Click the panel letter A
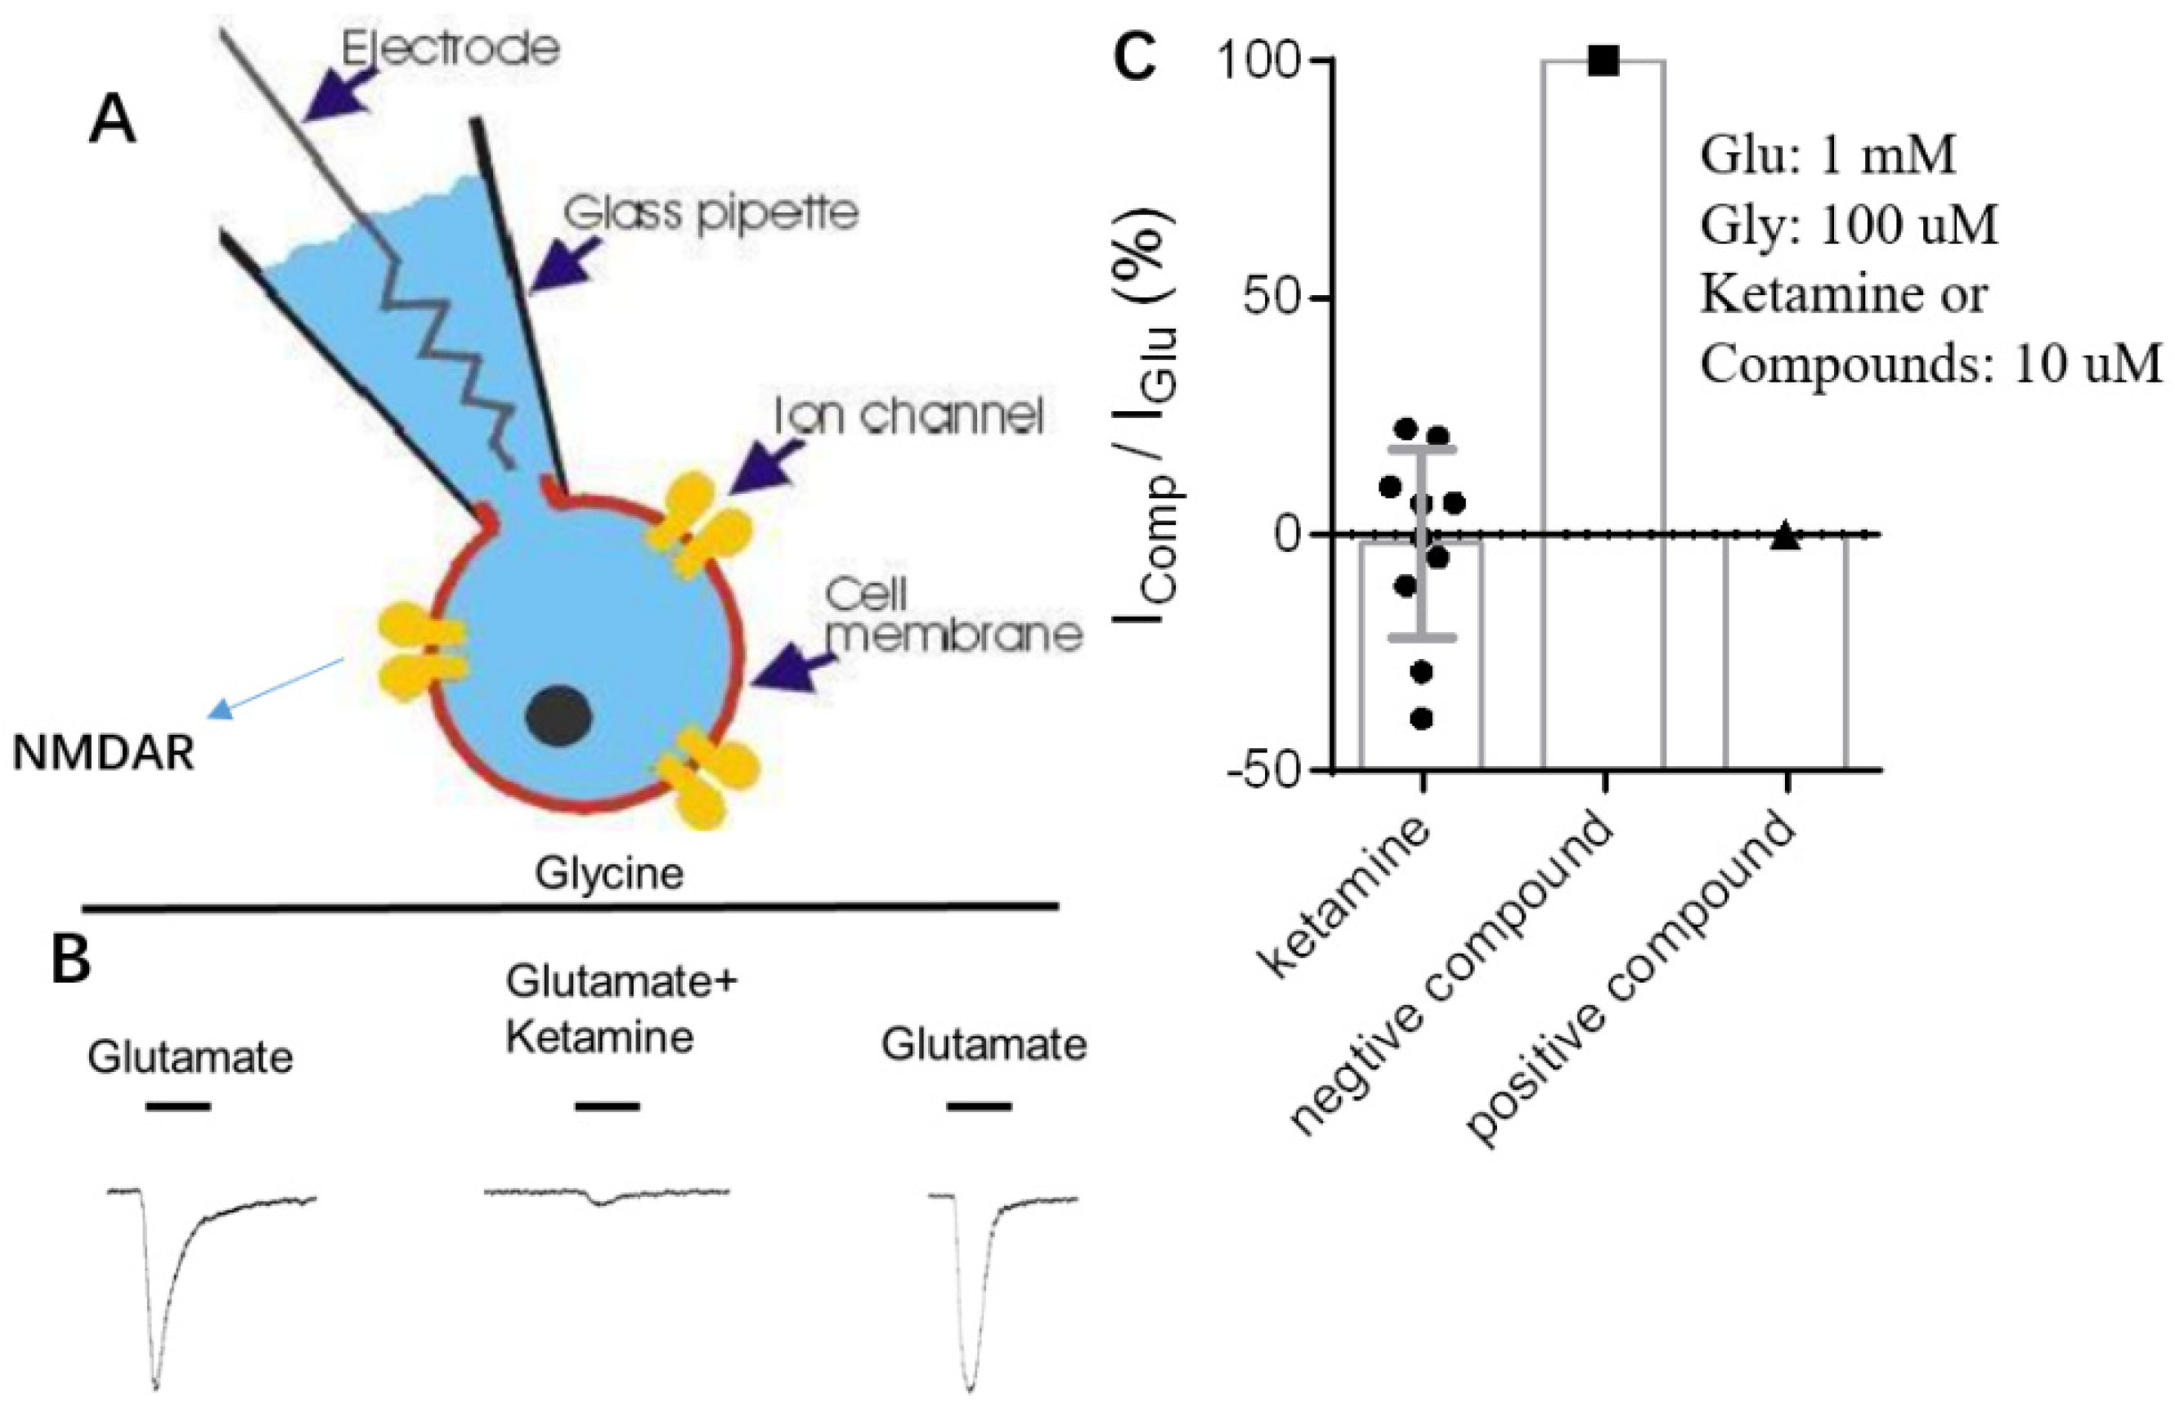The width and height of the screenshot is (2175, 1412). coord(111,122)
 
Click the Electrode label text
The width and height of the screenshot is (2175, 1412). coord(450,47)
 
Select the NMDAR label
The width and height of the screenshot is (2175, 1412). coord(103,755)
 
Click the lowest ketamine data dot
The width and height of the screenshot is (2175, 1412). coord(1421,719)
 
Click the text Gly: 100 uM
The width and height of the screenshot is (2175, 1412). coord(1848,226)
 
